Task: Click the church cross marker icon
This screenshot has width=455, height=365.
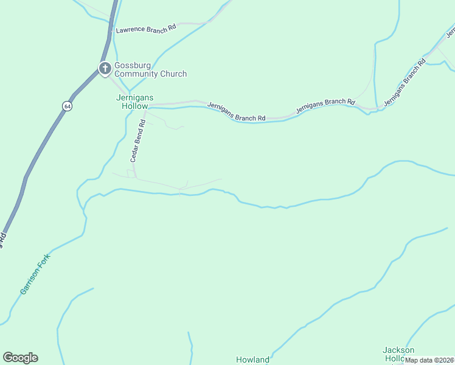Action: point(105,68)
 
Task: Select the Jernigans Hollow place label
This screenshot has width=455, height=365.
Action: point(135,102)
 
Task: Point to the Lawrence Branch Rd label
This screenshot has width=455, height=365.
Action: point(146,29)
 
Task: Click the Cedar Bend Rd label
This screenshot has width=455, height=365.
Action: point(137,141)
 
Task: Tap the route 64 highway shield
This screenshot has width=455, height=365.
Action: point(66,106)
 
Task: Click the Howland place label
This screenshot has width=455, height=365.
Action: point(252,360)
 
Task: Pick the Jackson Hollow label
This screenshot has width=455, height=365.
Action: point(398,354)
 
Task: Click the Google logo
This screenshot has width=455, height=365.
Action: point(20,358)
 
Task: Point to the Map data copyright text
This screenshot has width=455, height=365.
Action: point(429,360)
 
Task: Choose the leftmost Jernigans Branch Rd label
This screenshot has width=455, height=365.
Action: point(237,111)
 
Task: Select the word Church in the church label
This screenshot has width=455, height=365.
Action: point(173,74)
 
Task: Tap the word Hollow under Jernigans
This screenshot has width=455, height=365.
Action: point(135,106)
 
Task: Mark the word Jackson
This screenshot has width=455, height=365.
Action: point(398,350)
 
